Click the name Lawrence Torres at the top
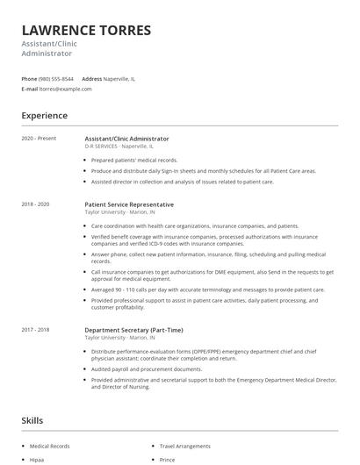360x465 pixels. [x=86, y=30]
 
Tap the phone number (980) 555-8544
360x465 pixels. [x=57, y=78]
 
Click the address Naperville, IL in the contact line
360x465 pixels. [x=119, y=78]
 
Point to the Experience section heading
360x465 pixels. [x=45, y=115]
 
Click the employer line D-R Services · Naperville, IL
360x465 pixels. [x=119, y=146]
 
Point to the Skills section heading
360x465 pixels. [x=32, y=420]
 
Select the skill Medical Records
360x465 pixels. [x=49, y=446]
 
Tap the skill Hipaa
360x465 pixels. [x=39, y=459]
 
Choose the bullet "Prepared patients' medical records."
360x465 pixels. [x=134, y=160]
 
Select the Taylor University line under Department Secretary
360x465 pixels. [x=119, y=337]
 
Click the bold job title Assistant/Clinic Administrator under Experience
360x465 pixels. [x=126, y=139]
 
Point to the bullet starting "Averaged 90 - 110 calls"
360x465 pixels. [x=207, y=289]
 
